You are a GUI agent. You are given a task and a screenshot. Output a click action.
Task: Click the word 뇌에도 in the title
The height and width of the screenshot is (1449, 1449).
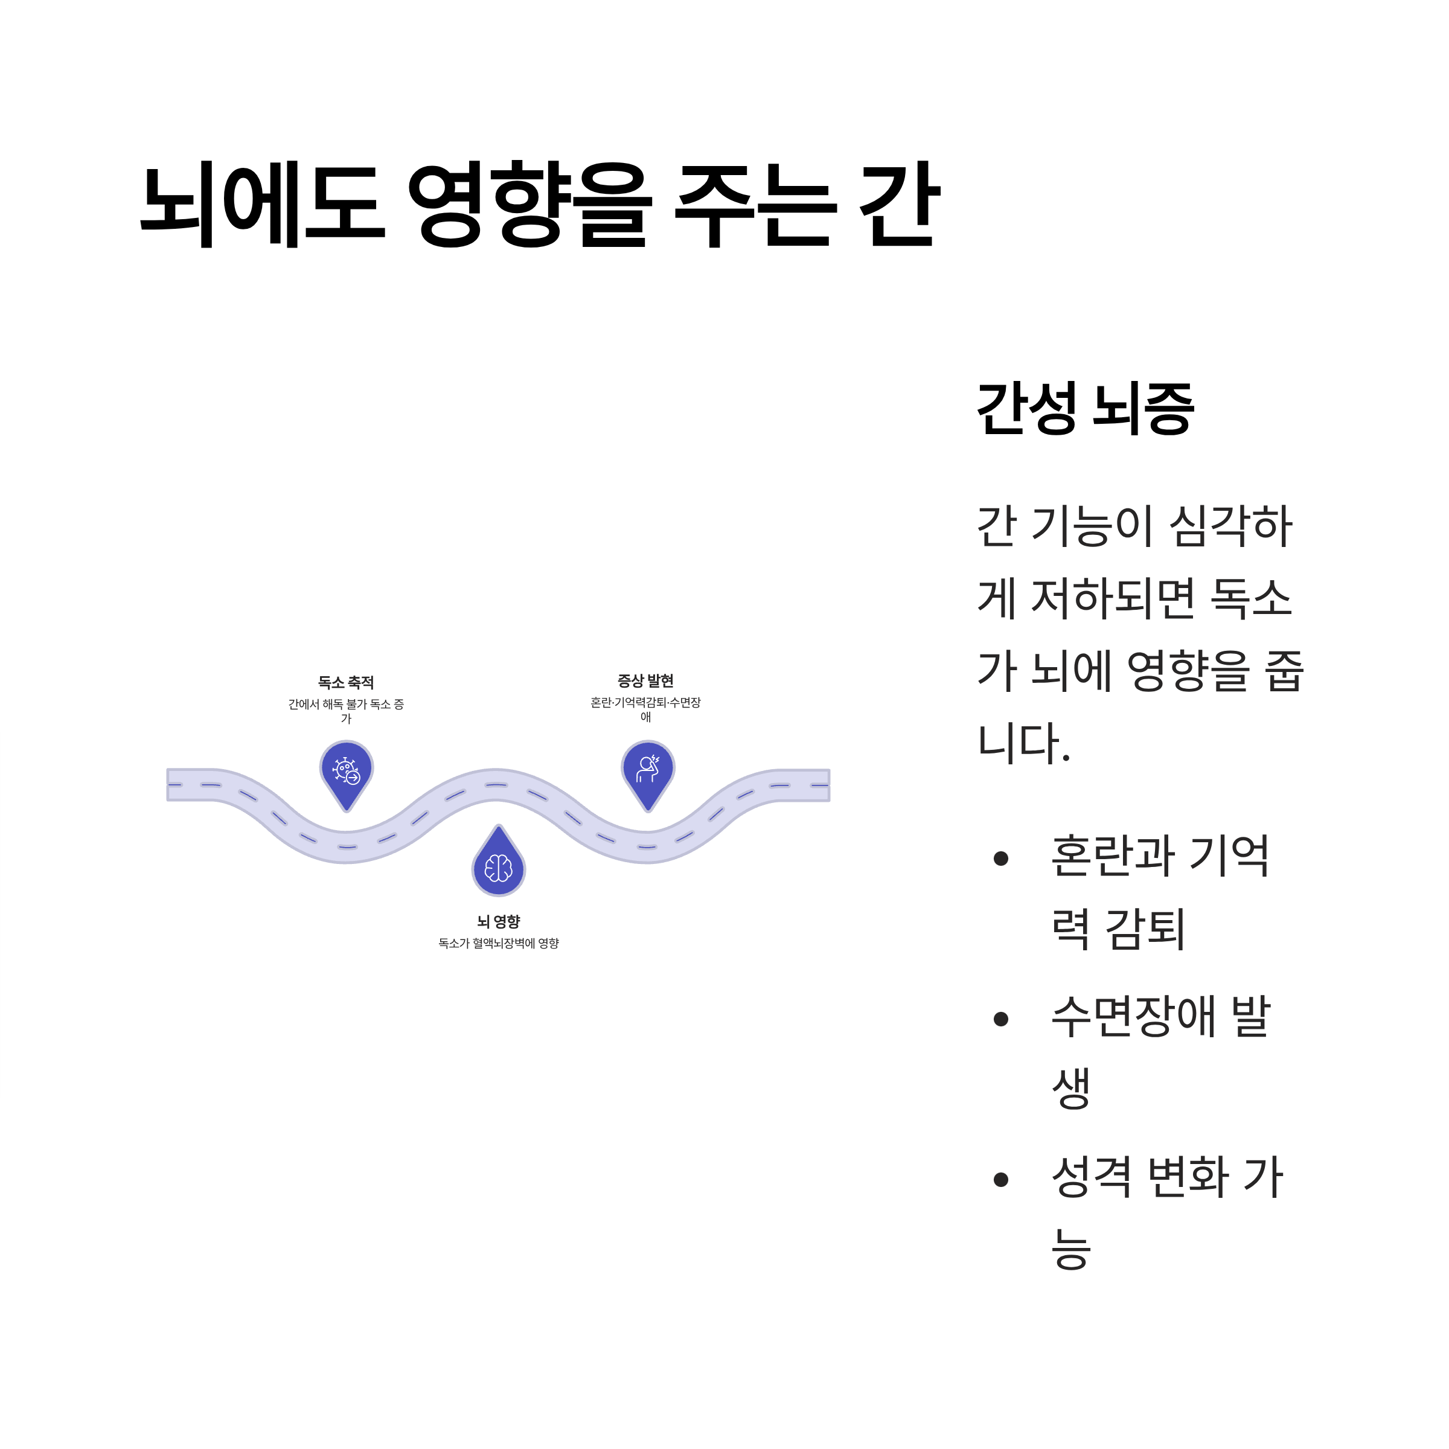263,204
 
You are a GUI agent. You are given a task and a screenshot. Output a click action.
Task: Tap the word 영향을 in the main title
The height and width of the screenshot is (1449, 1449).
529,204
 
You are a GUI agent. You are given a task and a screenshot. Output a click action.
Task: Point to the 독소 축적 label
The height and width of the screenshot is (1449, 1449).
346,682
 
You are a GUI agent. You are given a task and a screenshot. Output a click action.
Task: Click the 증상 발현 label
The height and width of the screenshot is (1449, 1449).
645,681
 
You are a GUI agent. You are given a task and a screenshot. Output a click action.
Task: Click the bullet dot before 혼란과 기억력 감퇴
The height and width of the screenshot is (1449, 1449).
1000,859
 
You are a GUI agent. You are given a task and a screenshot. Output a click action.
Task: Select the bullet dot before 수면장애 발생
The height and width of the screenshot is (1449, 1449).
1000,1019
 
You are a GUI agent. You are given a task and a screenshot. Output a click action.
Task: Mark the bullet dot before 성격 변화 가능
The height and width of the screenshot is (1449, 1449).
1000,1180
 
